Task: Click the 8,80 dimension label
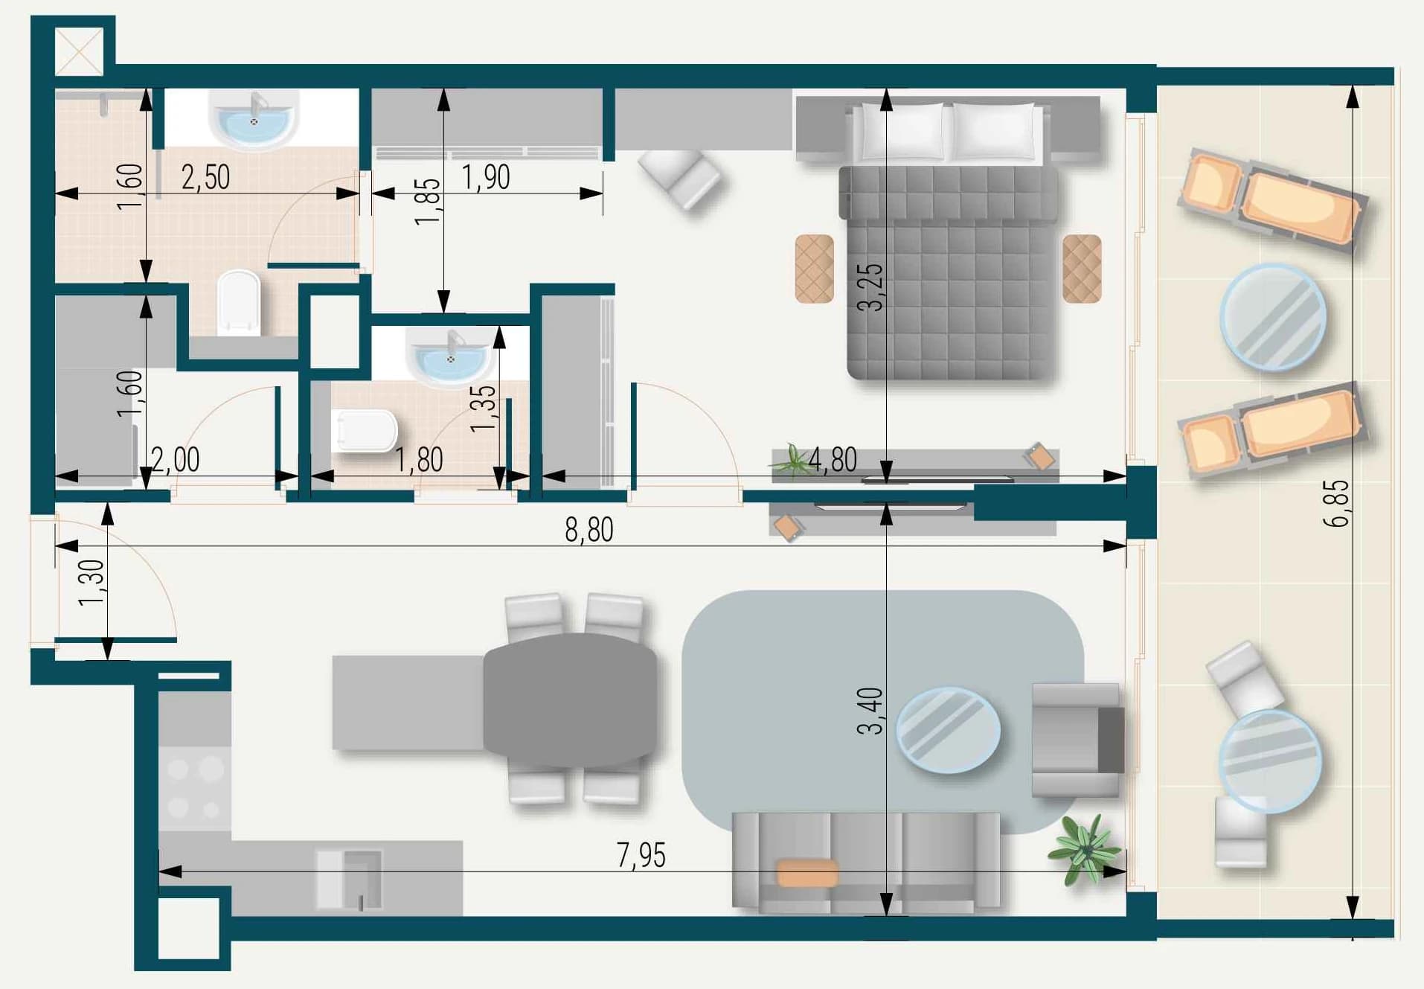point(588,530)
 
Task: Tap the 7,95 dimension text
point(641,855)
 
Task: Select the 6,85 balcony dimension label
point(1336,504)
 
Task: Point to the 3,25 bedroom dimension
point(870,287)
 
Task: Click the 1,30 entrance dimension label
point(92,583)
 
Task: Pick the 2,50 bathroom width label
point(205,177)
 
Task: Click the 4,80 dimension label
point(833,460)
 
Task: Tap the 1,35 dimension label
point(483,408)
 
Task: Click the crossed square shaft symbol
point(80,51)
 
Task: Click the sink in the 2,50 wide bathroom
point(254,118)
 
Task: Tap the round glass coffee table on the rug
point(948,730)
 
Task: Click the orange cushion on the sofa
point(806,873)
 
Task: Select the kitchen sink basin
point(350,879)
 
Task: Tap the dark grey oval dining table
point(570,700)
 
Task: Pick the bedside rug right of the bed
point(1082,269)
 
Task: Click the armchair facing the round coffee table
point(1077,740)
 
